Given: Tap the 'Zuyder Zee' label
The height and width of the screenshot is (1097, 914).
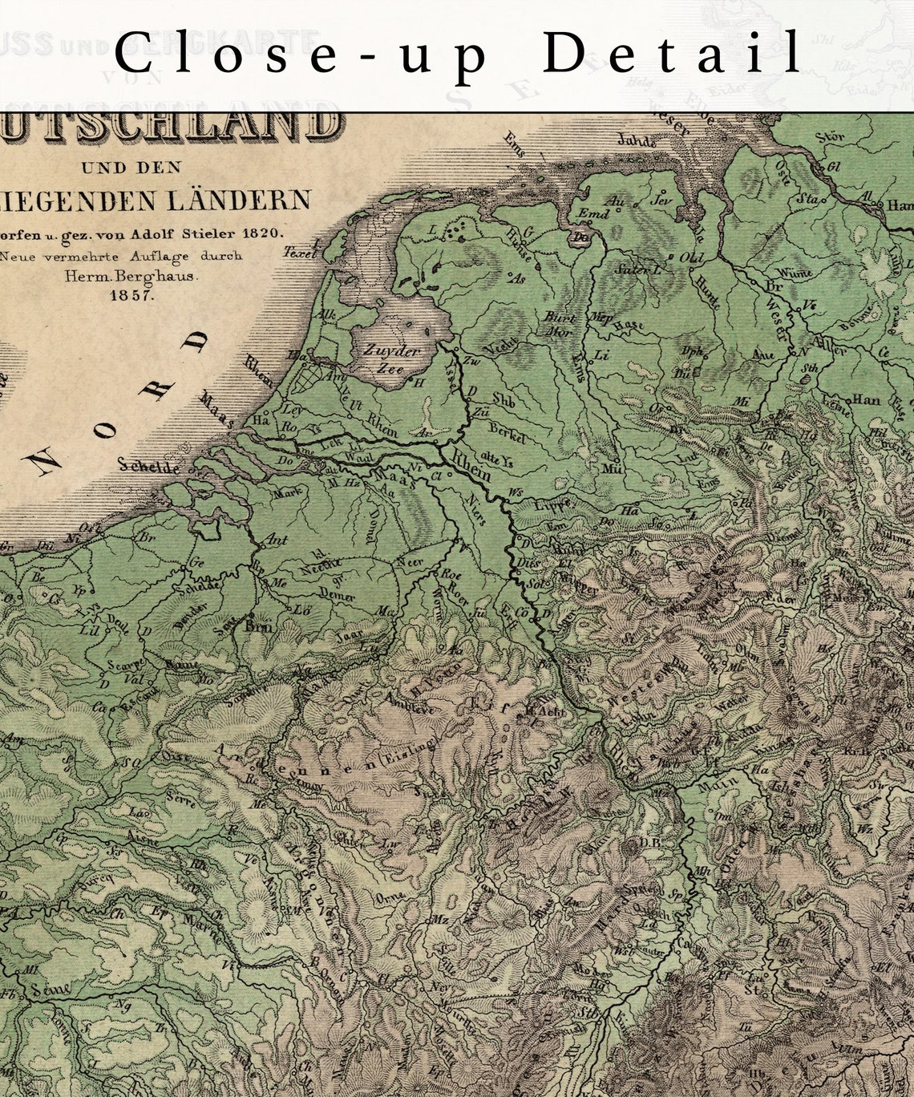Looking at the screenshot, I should pos(391,359).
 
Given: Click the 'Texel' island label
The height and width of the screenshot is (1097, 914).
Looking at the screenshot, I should pos(301,252).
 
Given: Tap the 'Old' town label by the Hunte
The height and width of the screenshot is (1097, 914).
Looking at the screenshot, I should pos(690,258).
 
